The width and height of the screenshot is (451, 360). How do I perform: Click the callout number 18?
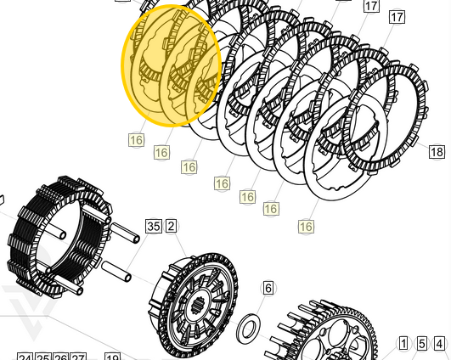(437, 152)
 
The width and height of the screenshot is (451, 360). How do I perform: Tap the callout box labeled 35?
(154, 226)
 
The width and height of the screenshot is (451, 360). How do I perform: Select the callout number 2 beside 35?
(171, 226)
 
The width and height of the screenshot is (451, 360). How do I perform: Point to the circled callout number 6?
(268, 289)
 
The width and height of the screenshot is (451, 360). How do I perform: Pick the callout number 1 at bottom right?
(404, 344)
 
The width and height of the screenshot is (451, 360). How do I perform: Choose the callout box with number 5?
(422, 344)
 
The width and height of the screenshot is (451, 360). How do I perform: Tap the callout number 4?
(439, 344)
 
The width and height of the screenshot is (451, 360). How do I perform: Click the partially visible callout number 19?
(112, 357)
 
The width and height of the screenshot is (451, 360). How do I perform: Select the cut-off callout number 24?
(25, 357)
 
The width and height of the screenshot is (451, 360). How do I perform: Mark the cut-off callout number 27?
(79, 357)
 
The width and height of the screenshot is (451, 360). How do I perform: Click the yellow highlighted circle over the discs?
(172, 65)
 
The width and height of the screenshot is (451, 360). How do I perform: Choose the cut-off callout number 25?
(43, 357)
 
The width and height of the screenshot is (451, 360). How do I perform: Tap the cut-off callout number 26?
(61, 357)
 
